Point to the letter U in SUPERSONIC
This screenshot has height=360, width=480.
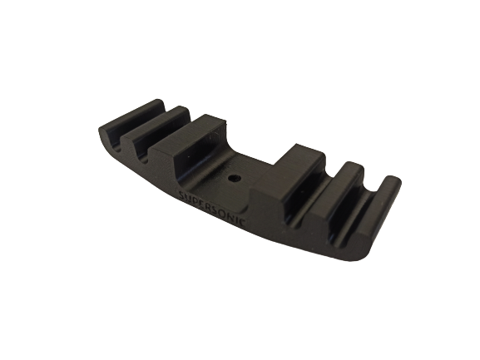click(189, 197)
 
